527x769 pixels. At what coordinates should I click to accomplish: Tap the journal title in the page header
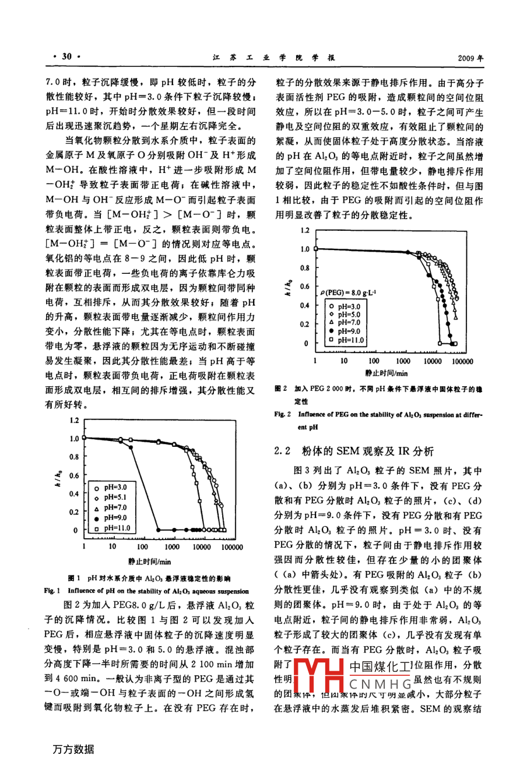[272, 57]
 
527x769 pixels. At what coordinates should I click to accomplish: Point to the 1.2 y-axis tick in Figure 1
[73, 420]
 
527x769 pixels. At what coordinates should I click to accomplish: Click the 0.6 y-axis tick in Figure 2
[304, 287]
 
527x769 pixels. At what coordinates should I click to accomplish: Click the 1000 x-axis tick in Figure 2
[403, 361]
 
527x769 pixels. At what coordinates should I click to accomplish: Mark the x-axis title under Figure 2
[387, 373]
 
